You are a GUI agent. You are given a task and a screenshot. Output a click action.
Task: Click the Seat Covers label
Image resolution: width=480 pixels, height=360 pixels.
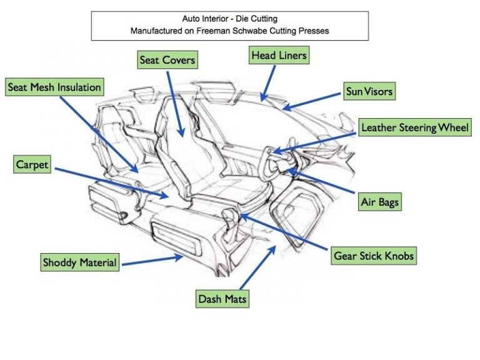click(167, 61)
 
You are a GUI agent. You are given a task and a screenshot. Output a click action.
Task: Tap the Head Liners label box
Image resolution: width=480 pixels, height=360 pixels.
click(279, 56)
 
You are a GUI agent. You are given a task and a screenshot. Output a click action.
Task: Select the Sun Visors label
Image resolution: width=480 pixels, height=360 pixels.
click(369, 91)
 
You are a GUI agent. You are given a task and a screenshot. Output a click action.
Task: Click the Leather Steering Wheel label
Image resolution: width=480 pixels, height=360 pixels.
click(415, 128)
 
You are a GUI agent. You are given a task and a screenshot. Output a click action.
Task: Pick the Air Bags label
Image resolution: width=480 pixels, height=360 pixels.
click(379, 202)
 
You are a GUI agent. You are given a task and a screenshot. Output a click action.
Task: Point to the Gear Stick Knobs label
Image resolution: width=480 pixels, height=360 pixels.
click(374, 256)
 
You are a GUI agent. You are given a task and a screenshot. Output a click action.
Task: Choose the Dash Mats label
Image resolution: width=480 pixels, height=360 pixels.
click(222, 299)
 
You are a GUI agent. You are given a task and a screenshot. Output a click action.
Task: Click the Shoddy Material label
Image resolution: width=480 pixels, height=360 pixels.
click(79, 262)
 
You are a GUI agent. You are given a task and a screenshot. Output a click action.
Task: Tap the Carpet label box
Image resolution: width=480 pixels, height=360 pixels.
click(32, 165)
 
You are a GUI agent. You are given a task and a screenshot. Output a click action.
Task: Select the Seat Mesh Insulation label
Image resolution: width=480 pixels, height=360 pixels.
click(54, 87)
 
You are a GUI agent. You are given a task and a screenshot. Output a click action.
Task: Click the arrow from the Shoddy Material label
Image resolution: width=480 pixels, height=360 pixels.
click(152, 259)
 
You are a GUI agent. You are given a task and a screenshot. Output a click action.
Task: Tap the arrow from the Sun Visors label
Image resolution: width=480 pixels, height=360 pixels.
click(312, 100)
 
